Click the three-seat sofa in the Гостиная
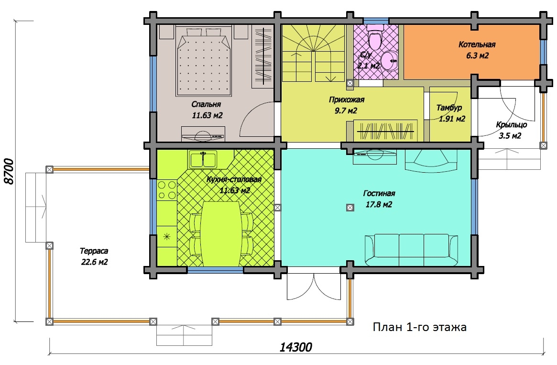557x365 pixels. pos(411,250)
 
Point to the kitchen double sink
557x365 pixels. pos(203,159)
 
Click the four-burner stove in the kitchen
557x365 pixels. pos(167,190)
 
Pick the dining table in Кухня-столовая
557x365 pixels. pos(221,234)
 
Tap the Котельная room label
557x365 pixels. pos(477,45)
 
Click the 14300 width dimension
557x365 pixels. pos(295,347)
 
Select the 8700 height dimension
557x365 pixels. pos(9,171)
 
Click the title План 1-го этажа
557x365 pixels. pos(419,327)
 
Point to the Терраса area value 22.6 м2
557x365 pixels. pos(94,262)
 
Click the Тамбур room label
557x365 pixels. pos(449,108)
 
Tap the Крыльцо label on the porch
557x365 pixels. pos(511,125)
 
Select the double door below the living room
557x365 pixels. pos(314,287)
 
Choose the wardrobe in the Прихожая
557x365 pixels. pos(385,131)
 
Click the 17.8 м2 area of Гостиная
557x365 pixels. pos(379,205)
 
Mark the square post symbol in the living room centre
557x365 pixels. pos(350,208)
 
